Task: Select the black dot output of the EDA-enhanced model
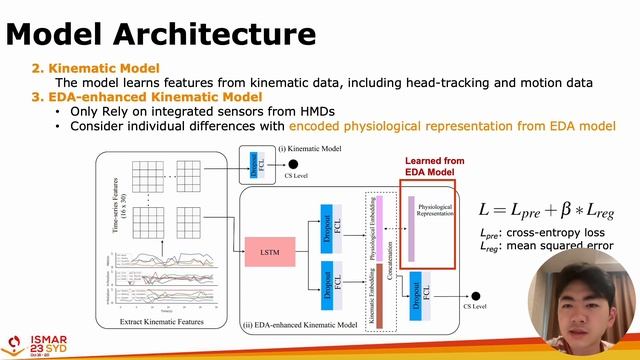click(x=476, y=295)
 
